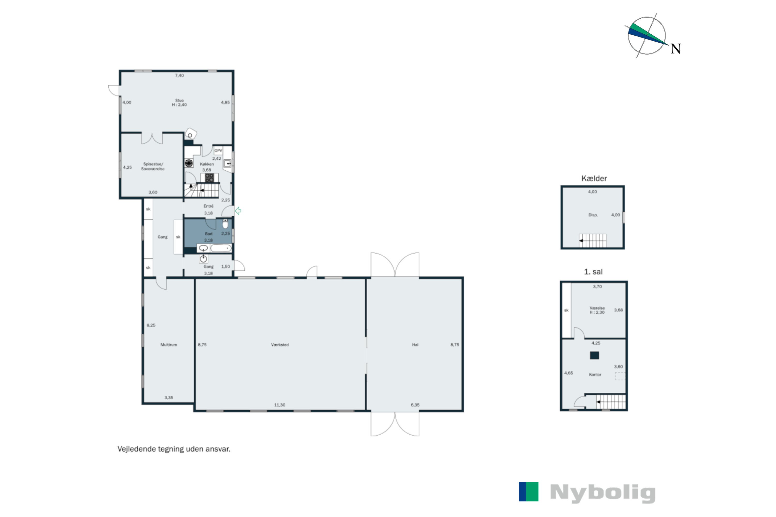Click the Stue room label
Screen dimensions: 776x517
point(179,100)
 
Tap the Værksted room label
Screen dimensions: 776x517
point(280,345)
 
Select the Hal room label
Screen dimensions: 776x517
point(415,345)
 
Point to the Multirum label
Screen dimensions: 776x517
point(169,345)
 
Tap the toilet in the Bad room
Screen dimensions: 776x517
point(225,224)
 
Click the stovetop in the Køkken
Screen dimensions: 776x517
point(210,178)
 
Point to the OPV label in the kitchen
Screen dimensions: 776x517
point(218,151)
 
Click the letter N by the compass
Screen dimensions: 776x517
point(676,49)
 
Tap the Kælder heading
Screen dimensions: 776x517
point(594,178)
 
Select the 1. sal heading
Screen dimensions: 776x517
point(593,272)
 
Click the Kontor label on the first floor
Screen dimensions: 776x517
point(595,375)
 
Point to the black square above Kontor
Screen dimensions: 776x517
point(594,355)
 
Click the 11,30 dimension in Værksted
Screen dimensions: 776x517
point(279,405)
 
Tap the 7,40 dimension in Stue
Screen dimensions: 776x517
point(179,75)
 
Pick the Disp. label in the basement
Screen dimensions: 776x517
point(593,215)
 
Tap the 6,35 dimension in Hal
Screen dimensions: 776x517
point(415,405)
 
